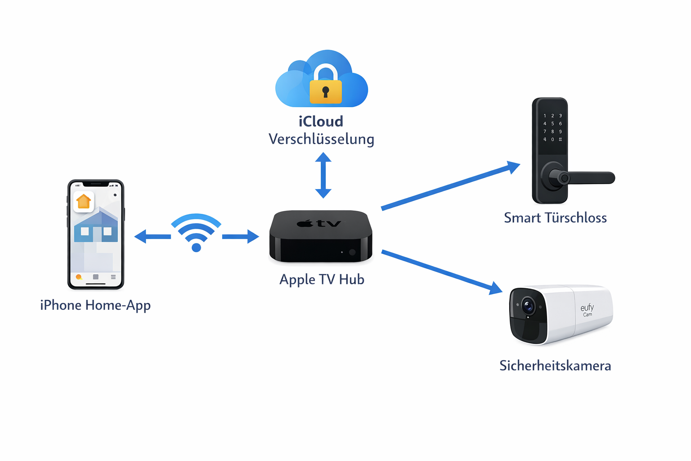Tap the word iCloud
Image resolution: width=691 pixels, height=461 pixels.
321,122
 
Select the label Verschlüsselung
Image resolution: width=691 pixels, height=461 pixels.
321,139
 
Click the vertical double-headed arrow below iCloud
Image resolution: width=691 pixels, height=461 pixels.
323,176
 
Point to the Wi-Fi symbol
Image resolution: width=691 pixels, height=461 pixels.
196,232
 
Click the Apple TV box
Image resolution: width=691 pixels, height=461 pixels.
321,236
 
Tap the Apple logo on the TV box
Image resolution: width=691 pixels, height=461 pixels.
305,223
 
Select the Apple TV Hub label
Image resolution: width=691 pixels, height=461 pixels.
322,280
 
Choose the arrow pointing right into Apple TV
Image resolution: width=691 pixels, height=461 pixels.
240,236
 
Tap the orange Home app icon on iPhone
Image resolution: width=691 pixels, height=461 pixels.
84,201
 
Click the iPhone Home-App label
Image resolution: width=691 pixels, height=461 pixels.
95,305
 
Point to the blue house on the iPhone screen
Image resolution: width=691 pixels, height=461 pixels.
96,227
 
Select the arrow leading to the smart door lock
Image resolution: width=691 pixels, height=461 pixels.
450,186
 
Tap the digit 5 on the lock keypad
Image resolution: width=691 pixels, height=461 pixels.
552,123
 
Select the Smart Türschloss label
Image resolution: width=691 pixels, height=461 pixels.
555,218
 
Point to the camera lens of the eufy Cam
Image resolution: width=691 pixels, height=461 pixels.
528,307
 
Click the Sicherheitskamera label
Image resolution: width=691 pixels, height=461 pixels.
555,366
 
